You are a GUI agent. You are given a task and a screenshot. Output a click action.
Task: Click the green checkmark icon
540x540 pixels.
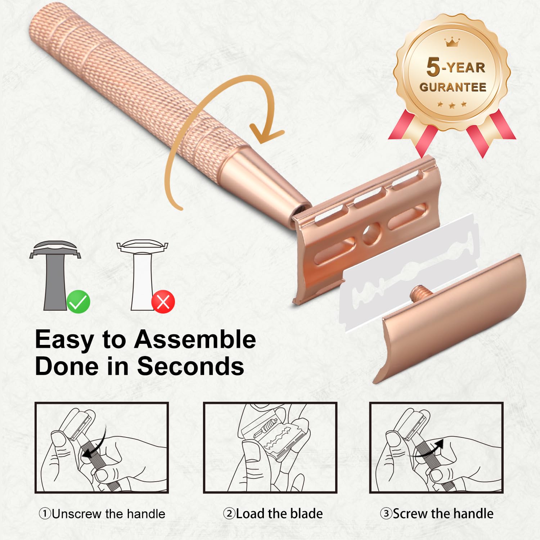point(78,302)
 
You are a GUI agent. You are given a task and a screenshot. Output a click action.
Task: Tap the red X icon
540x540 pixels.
point(163,302)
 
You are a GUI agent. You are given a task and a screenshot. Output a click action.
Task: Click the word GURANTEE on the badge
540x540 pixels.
point(453,87)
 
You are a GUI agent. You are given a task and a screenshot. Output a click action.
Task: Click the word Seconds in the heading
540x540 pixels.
point(190,366)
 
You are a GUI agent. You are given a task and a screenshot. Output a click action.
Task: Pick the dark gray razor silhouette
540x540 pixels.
point(55,275)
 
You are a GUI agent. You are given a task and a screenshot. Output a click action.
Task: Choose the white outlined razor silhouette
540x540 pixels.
point(142,275)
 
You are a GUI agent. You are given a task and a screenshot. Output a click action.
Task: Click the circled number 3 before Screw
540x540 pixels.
point(386,513)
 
